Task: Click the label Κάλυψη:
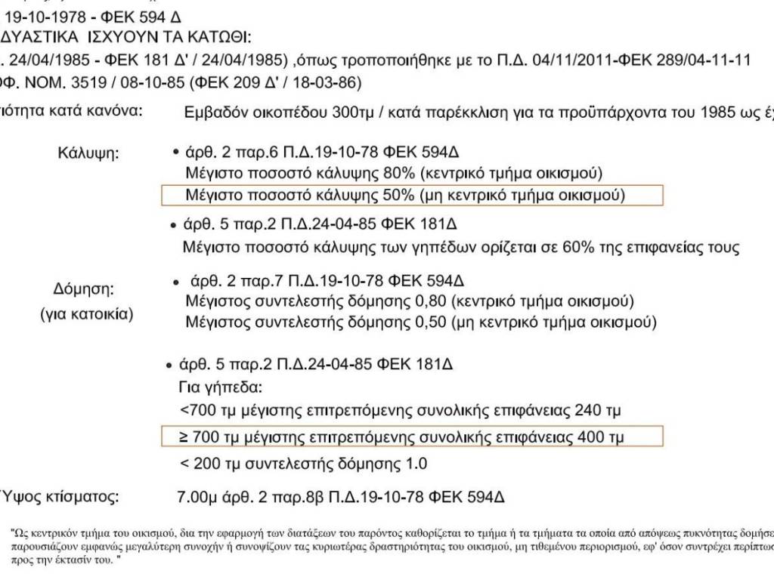pyautogui.click(x=88, y=154)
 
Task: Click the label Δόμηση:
pyautogui.click(x=83, y=289)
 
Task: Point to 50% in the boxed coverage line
pyautogui.click(x=399, y=196)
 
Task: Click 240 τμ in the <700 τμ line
pyautogui.click(x=600, y=412)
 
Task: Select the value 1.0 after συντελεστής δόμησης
pyautogui.click(x=416, y=463)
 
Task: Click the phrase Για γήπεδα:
pyautogui.click(x=219, y=388)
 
